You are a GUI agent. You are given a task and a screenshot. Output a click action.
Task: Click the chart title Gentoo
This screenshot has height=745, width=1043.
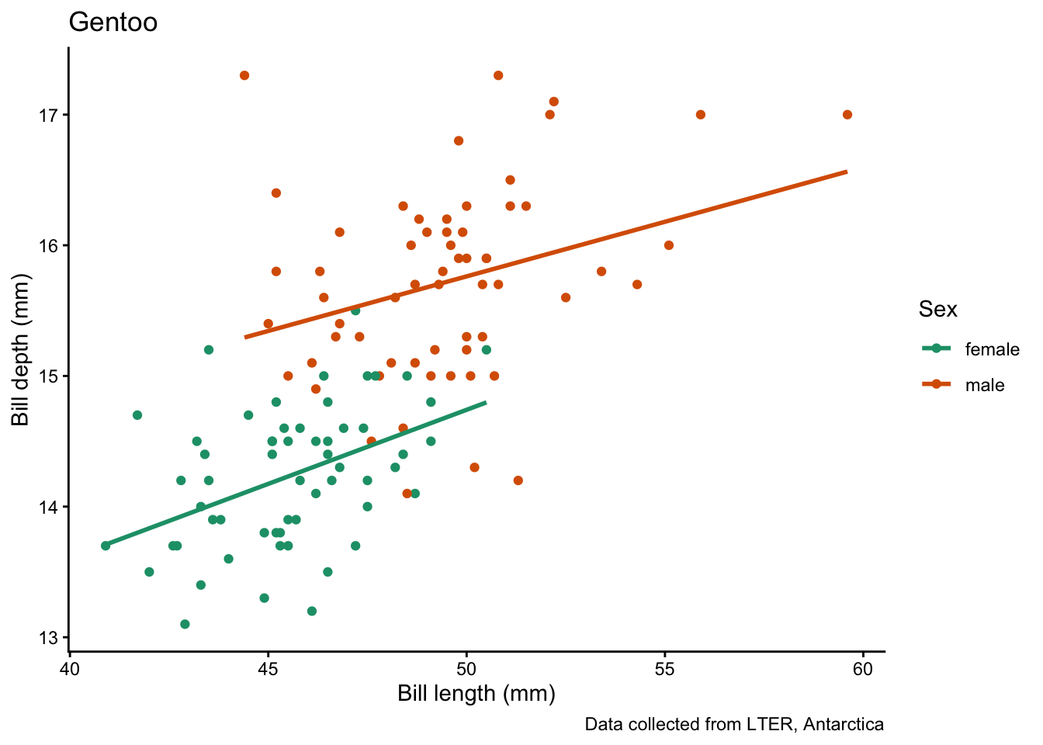coord(113,23)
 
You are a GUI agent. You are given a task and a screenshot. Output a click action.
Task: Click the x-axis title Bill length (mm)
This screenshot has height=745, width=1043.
coord(476,693)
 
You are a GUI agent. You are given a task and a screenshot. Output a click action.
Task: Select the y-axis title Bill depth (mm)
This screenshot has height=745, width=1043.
coord(20,350)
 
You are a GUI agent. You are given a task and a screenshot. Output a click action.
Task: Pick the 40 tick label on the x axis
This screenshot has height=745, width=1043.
coord(70,669)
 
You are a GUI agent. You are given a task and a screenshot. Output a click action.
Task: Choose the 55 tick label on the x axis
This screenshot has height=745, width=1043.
coord(665,669)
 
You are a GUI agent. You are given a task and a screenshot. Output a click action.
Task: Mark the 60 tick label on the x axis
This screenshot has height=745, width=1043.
coord(863,669)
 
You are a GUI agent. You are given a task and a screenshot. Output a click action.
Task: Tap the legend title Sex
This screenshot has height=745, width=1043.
coord(937,310)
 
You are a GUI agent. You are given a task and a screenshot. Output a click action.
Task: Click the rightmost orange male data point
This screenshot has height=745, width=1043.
coord(847,115)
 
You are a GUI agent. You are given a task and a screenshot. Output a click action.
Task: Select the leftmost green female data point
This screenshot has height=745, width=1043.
coord(106,546)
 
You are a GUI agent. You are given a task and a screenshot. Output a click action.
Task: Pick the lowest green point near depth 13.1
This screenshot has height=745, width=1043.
coord(185,624)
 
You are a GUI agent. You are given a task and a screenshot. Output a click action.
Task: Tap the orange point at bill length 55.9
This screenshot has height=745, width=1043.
coord(701,115)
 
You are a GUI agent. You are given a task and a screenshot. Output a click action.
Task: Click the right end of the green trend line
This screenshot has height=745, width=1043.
coord(486,402)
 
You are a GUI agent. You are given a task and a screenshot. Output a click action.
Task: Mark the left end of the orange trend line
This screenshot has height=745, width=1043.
coord(245,337)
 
